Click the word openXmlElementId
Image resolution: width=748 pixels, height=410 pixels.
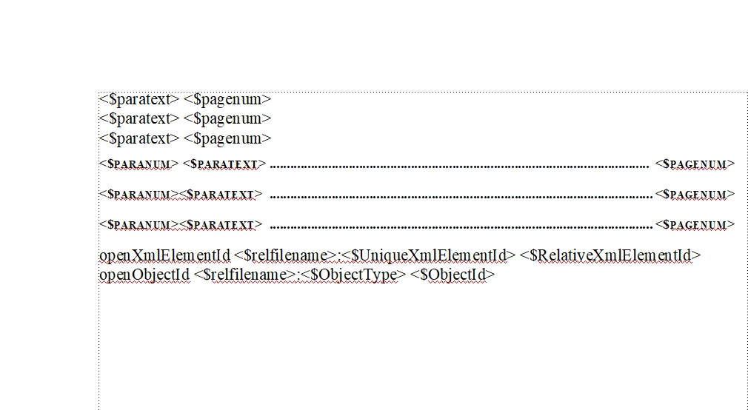(164, 255)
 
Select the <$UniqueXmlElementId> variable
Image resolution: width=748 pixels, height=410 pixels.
(428, 255)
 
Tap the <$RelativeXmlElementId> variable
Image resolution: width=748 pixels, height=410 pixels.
(610, 255)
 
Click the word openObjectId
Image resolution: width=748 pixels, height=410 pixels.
(144, 275)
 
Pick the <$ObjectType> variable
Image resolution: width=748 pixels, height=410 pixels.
(353, 275)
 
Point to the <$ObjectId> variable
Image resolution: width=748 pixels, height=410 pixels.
(453, 275)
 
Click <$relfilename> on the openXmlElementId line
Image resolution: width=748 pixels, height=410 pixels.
(285, 255)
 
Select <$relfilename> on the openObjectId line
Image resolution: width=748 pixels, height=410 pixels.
(245, 275)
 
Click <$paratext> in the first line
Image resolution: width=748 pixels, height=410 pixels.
(139, 99)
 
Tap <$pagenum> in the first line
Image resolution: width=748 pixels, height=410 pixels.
(227, 99)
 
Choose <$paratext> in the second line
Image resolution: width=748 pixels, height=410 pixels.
(139, 118)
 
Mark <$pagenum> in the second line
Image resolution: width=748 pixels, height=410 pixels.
(227, 118)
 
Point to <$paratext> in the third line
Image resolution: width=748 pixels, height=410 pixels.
(139, 138)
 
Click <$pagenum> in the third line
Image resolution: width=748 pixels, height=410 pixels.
(227, 138)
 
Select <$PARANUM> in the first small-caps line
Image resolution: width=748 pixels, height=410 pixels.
(138, 164)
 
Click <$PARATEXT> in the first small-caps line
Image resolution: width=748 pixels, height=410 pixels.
(224, 164)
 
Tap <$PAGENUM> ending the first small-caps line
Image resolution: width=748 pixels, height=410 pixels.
(695, 164)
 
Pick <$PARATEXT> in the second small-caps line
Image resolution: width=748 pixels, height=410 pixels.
(221, 195)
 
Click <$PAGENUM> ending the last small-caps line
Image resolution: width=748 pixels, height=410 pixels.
(695, 224)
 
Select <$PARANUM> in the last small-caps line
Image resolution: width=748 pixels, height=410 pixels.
(138, 224)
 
